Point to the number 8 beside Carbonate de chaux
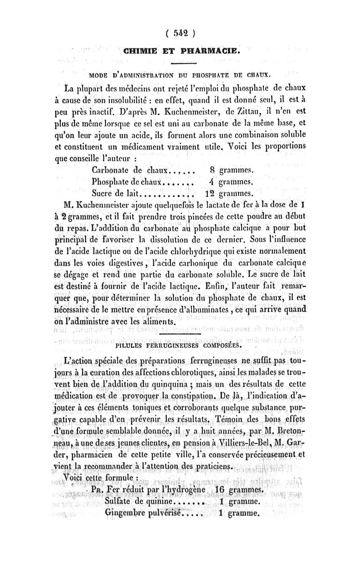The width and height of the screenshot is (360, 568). click(213, 171)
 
